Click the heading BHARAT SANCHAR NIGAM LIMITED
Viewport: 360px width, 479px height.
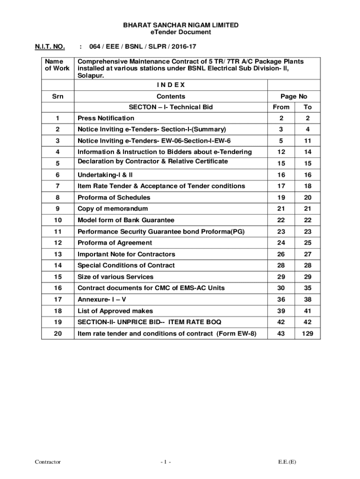[x=180, y=25]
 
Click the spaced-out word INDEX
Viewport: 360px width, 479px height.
[x=171, y=85]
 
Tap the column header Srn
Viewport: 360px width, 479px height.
[x=58, y=96]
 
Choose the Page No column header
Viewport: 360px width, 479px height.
[x=294, y=96]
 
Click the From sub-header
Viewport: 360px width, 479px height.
[x=281, y=107]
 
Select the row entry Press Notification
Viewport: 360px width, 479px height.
[x=106, y=118]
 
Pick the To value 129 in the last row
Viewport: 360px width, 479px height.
[x=308, y=334]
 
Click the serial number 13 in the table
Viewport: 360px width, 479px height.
[x=58, y=254]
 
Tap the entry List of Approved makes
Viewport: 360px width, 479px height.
[x=115, y=311]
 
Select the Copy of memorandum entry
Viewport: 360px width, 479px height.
[x=113, y=209]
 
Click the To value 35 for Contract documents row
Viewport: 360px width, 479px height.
[x=308, y=288]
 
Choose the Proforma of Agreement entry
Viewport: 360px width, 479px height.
[x=115, y=243]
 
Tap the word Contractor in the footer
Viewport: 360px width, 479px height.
[x=48, y=462]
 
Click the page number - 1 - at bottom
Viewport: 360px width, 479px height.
[x=166, y=462]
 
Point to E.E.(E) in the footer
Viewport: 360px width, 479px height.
[x=287, y=462]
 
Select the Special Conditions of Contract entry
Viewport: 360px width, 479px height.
[x=126, y=266]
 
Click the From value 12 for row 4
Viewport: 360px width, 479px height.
[x=281, y=152]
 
